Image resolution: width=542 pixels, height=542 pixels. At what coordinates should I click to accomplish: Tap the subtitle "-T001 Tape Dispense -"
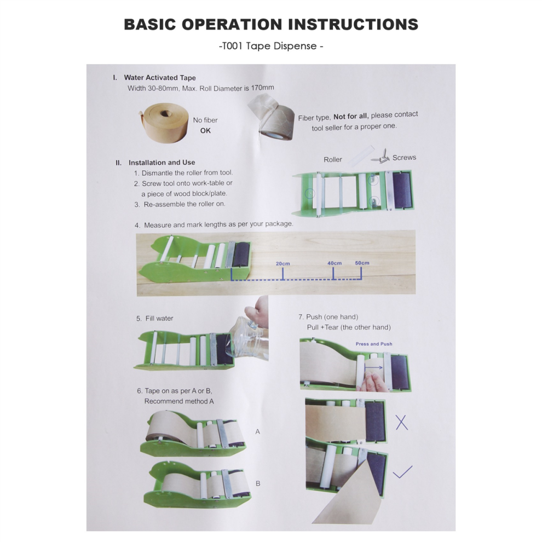[271, 46]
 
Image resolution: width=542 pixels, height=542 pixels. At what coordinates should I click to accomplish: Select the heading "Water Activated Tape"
[160, 78]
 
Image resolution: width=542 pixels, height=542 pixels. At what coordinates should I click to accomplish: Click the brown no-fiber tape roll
[163, 123]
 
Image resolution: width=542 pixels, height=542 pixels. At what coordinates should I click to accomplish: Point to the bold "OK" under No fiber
[205, 131]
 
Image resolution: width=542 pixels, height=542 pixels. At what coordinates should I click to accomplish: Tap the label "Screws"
[404, 158]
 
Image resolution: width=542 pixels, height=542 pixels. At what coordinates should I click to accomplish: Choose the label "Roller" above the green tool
[332, 160]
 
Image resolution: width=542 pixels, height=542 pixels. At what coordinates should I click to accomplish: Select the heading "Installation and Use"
[162, 163]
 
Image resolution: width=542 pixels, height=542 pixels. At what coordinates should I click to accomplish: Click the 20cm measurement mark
[282, 263]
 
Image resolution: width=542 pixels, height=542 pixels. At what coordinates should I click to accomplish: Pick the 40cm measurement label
[335, 263]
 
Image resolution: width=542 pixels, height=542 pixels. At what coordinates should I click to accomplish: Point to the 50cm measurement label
[362, 263]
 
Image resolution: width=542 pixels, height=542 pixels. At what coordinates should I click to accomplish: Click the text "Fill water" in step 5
[159, 318]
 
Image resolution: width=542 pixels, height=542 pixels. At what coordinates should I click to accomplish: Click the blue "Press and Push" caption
[374, 344]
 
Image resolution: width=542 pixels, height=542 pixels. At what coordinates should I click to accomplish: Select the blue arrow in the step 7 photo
[374, 367]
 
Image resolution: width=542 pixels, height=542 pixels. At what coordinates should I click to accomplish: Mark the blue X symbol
[402, 423]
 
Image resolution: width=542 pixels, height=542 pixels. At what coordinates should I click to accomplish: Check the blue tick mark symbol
[403, 472]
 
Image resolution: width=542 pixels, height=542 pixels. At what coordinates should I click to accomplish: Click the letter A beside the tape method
[257, 432]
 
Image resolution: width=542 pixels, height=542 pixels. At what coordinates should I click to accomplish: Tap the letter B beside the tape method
[258, 483]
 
